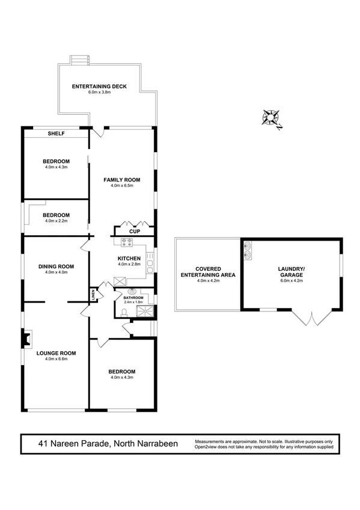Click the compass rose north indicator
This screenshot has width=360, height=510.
pos(272,117)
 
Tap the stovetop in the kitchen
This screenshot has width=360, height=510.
pos(127,243)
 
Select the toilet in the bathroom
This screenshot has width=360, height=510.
pos(124,312)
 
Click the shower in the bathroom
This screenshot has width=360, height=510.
pos(145,310)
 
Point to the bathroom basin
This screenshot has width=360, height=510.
pos(132,291)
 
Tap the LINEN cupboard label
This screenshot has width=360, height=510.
pos(93,295)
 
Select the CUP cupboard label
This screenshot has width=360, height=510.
pos(135,231)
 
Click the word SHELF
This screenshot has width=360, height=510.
pos(56,134)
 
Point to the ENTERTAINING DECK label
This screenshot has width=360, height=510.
pos(99,87)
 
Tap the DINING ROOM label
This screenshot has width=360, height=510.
pos(56,266)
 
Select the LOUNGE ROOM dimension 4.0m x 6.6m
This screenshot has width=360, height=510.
pos(56,359)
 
